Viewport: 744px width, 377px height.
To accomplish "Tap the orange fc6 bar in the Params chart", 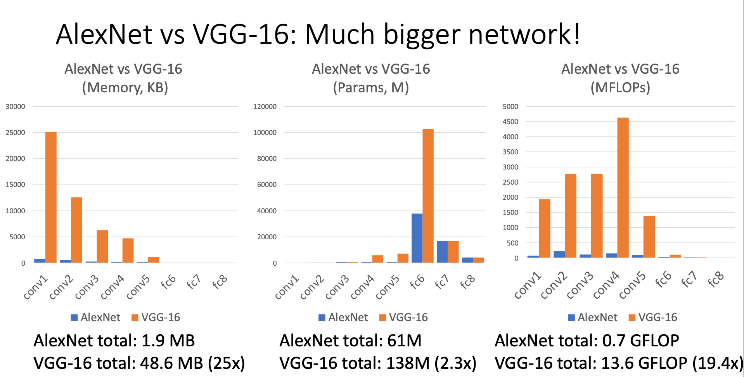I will coord(428,195).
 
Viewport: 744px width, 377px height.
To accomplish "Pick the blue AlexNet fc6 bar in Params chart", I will coord(417,238).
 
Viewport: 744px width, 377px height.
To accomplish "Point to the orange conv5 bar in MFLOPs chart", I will coord(649,237).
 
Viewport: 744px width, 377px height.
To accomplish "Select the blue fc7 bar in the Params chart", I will coord(442,252).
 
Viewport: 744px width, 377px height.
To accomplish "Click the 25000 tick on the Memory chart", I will coord(15,133).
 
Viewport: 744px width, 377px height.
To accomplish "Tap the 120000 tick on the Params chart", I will coord(265,107).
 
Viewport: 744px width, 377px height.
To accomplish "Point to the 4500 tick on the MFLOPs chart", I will coord(510,122).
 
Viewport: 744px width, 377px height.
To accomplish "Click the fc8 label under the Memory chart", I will coord(219,282).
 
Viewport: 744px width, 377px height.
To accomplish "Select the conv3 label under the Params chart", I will coord(337,288).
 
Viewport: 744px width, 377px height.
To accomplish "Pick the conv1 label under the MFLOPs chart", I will coord(527,286).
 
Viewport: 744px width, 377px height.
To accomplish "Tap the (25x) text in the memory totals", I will coord(227,363).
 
